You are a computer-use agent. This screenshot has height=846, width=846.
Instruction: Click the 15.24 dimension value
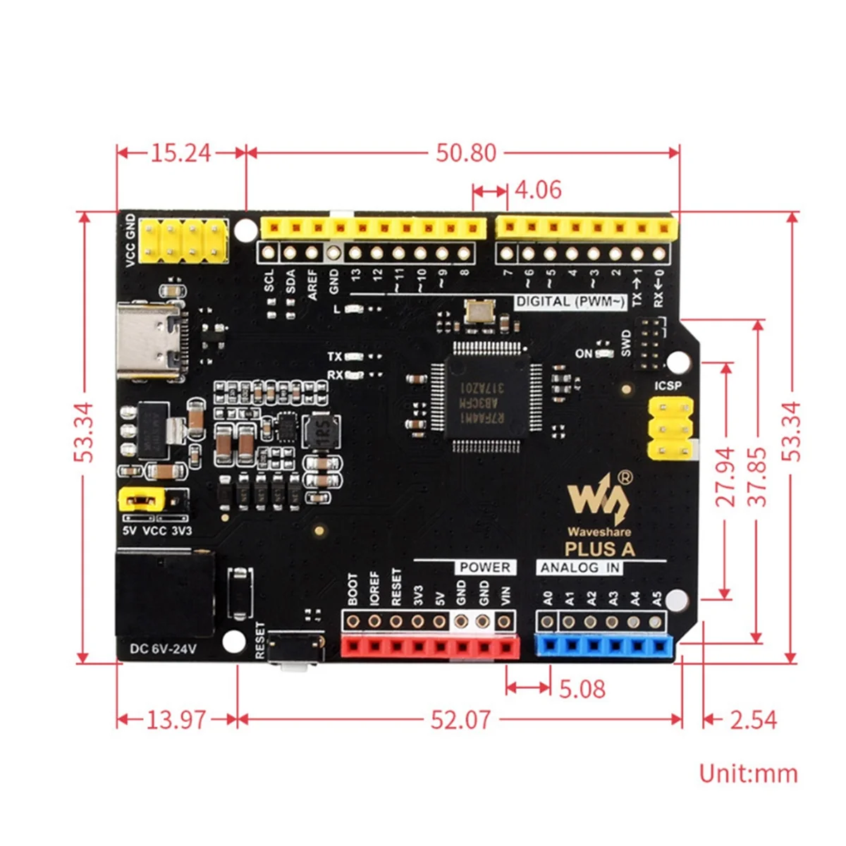click(180, 153)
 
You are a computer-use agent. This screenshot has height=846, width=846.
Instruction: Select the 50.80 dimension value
click(465, 153)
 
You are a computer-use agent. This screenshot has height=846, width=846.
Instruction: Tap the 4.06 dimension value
click(538, 190)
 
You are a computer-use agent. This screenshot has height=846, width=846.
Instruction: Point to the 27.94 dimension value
click(725, 477)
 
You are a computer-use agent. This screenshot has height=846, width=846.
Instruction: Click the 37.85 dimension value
click(757, 477)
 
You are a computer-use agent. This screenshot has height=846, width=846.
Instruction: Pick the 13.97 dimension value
click(176, 720)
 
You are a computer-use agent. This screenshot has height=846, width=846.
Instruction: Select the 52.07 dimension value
click(460, 720)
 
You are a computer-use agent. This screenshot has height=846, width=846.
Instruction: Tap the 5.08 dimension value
click(582, 689)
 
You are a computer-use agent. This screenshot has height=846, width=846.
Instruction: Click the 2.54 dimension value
click(753, 720)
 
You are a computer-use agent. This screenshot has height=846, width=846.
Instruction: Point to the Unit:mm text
click(748, 773)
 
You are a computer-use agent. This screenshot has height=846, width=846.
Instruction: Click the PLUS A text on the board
click(599, 549)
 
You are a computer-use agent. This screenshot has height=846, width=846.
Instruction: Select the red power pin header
click(429, 646)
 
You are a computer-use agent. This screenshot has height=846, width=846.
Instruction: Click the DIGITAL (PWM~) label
click(570, 302)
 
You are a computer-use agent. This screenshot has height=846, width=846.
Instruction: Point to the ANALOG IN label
click(580, 568)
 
